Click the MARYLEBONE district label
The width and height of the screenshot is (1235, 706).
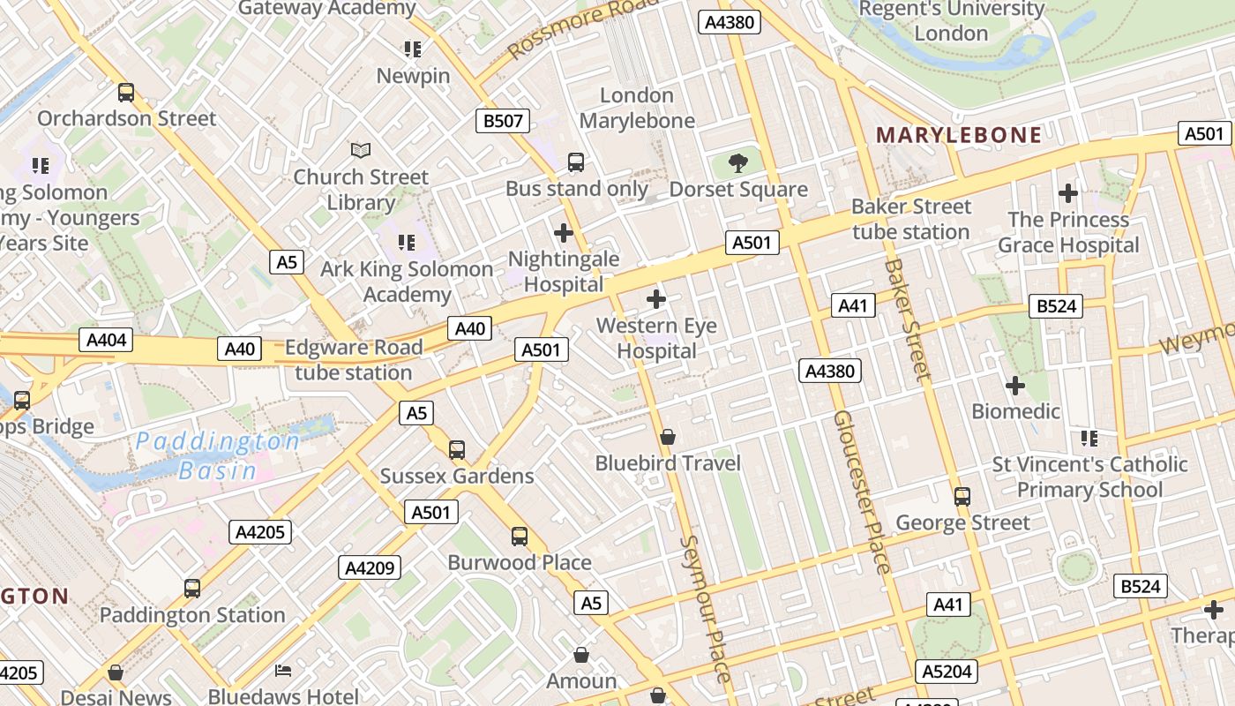(959, 135)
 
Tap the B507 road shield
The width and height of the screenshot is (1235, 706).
(503, 121)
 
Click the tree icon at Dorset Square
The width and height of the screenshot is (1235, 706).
(738, 162)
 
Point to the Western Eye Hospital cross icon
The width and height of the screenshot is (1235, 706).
(656, 299)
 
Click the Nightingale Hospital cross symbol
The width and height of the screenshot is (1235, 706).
(564, 233)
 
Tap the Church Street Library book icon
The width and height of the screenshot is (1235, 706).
(361, 150)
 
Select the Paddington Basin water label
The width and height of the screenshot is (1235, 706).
(218, 455)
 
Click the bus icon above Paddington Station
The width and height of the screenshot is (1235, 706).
(192, 588)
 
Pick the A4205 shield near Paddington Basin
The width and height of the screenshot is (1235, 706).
(261, 531)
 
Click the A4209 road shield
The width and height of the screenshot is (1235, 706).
(370, 567)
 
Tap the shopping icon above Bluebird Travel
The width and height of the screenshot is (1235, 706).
(668, 437)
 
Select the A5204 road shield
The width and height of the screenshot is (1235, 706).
(947, 672)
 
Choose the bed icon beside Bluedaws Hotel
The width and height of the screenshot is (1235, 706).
(283, 671)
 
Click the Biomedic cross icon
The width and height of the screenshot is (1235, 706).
(1015, 386)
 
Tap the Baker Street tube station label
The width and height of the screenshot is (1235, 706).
(910, 219)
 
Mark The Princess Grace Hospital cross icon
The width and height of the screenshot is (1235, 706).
(1068, 192)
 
